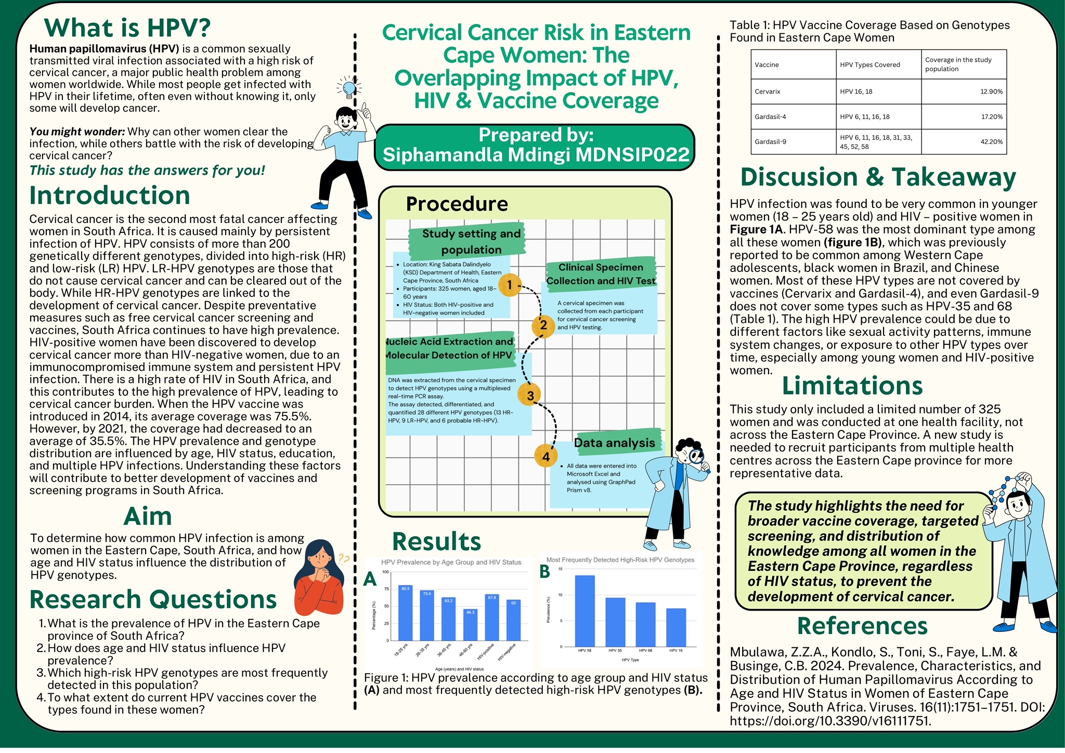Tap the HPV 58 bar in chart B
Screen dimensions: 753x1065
[x=585, y=611]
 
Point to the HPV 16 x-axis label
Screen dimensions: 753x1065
[x=676, y=651]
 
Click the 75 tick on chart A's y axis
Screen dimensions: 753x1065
[x=386, y=589]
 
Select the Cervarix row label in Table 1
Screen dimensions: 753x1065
[x=768, y=92]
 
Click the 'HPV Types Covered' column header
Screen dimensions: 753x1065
[x=869, y=65]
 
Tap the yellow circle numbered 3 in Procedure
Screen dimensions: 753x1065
[x=530, y=396]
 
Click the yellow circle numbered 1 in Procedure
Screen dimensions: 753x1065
[x=510, y=284]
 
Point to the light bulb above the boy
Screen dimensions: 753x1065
[x=349, y=88]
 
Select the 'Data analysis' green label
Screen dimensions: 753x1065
[x=614, y=443]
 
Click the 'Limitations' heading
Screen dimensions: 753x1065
[x=852, y=386]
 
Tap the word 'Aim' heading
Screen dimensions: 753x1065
[x=148, y=516]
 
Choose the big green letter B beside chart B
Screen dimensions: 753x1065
[x=544, y=572]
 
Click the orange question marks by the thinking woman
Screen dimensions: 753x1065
[x=343, y=560]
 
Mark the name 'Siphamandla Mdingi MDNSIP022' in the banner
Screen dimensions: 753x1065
[x=536, y=155]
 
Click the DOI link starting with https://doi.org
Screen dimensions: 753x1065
[x=830, y=721]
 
